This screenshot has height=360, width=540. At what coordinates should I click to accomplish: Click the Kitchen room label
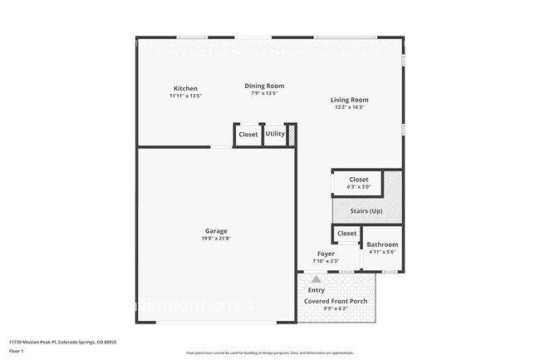click(185, 89)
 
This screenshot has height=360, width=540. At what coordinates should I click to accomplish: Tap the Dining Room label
click(264, 86)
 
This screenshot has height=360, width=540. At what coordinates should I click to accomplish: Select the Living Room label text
click(349, 100)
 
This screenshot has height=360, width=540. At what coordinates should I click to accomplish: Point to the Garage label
click(216, 231)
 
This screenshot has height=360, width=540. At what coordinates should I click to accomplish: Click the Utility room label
click(275, 134)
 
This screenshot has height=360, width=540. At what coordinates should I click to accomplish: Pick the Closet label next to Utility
click(248, 135)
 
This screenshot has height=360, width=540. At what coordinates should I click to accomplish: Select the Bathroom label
click(383, 244)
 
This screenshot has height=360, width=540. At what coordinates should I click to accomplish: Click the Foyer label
click(326, 254)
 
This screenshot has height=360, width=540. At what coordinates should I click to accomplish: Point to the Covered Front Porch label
click(336, 301)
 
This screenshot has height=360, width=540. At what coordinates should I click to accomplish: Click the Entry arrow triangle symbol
click(316, 280)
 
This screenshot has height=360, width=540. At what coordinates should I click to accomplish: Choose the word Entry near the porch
click(317, 290)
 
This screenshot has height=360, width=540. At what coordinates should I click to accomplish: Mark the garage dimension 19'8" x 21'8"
click(216, 239)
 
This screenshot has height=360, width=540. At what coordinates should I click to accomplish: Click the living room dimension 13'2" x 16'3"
click(349, 106)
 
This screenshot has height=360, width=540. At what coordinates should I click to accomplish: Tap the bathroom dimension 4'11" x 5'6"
click(383, 252)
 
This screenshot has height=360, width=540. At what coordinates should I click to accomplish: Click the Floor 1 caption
click(17, 352)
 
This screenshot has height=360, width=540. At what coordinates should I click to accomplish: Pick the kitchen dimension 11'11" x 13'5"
click(185, 96)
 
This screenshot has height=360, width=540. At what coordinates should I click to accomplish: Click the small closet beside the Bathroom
click(346, 234)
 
